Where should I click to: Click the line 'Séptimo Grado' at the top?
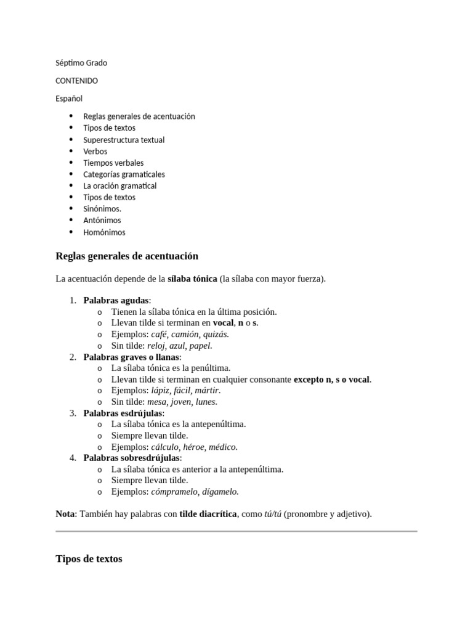[81, 63]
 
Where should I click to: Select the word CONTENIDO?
[76, 81]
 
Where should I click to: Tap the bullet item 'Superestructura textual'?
[124, 140]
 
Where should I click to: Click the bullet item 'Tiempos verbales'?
[113, 163]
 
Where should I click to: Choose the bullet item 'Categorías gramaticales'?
[124, 174]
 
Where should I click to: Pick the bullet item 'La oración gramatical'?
[119, 186]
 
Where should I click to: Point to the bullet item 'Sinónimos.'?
[102, 209]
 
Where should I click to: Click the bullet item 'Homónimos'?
[104, 232]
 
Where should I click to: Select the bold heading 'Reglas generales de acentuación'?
[127, 256]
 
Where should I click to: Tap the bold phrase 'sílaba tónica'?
[192, 279]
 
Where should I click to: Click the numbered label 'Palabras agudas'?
[116, 301]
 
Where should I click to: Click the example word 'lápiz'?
[161, 391]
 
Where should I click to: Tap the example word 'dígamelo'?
[220, 492]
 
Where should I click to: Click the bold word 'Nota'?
[65, 514]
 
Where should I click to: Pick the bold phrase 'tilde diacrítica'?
[208, 514]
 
